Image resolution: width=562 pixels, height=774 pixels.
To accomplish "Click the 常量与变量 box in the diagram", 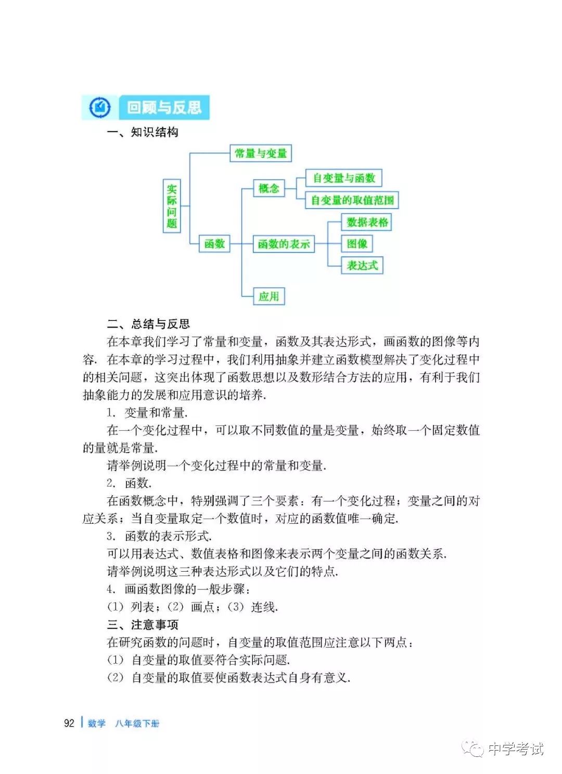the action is pos(261,153).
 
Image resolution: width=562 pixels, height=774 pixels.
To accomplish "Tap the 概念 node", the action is pos(269,188).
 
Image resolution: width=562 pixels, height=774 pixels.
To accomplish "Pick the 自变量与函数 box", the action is pos(343,178).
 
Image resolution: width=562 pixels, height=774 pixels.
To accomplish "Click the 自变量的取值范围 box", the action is pos(352,200).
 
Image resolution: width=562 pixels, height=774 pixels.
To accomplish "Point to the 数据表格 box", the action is pos(367,223).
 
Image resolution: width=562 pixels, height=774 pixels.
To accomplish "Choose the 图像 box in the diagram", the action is pos(357,244).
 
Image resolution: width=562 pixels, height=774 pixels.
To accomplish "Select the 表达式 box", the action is pos(362,265).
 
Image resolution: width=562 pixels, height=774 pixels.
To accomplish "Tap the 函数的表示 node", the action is pos(284,244).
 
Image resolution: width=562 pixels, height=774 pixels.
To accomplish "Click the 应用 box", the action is pos(269,296).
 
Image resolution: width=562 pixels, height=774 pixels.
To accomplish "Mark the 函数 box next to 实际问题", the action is pos(214,244).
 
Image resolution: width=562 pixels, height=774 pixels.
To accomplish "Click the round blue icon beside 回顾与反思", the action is pos(100,108).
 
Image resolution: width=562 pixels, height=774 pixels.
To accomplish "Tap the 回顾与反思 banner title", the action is pos(164,108).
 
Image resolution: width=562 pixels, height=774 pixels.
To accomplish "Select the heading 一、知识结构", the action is pos(143,132).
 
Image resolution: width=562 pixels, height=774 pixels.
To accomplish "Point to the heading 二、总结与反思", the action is pos(148,325).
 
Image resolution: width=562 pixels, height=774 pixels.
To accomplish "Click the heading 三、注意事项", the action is pos(143,625).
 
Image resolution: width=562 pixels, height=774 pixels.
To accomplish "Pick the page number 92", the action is pos(69,724).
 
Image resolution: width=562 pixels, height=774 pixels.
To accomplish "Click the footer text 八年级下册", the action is pos(137,724).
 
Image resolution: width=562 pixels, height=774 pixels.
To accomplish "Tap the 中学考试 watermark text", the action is pos(515,749).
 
